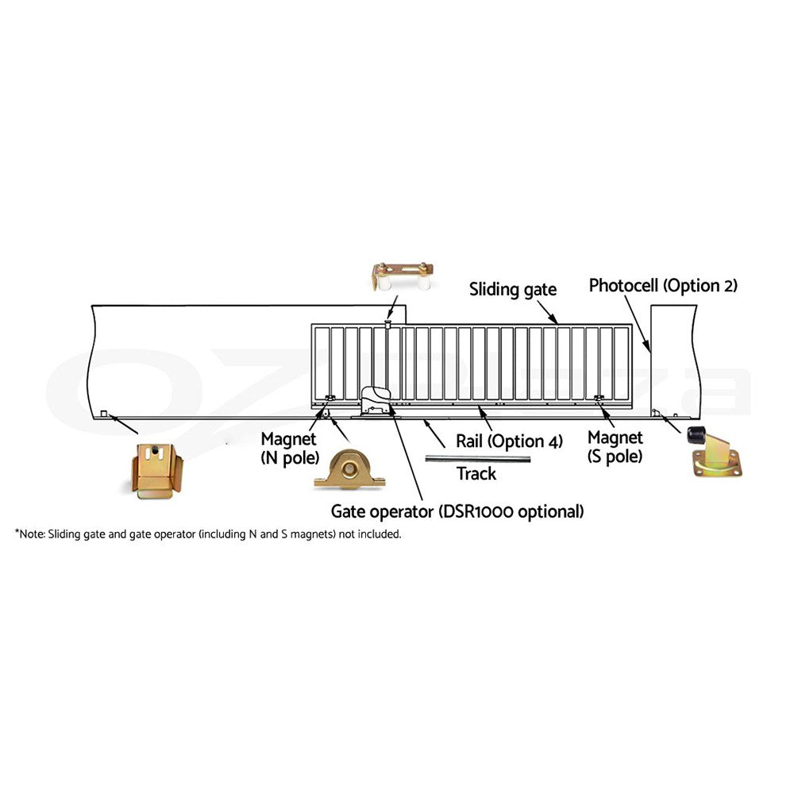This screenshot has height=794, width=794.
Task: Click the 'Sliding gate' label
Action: [x=512, y=290]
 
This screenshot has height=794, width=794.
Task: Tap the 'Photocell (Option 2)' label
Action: [x=663, y=286]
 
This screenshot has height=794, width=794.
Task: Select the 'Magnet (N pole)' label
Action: [x=290, y=448]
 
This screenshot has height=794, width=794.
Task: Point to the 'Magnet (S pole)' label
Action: [x=615, y=446]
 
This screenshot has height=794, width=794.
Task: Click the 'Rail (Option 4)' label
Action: [x=509, y=441]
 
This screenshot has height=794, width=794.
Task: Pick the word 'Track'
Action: [x=476, y=473]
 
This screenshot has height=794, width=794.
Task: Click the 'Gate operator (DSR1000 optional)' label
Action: [x=457, y=511]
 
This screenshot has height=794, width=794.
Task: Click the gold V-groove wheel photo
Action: [x=349, y=469]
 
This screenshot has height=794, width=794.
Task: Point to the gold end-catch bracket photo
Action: [x=156, y=471]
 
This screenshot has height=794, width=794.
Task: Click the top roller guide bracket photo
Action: [x=403, y=276]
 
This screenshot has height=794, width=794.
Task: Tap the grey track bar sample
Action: [x=477, y=459]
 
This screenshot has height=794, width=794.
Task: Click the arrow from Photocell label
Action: [x=638, y=324]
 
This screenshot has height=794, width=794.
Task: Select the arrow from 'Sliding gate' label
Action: [x=547, y=312]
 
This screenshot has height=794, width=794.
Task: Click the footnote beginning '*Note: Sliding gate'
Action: [x=207, y=534]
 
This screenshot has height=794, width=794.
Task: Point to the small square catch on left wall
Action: [x=104, y=414]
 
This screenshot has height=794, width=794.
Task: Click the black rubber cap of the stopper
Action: [x=696, y=436]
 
